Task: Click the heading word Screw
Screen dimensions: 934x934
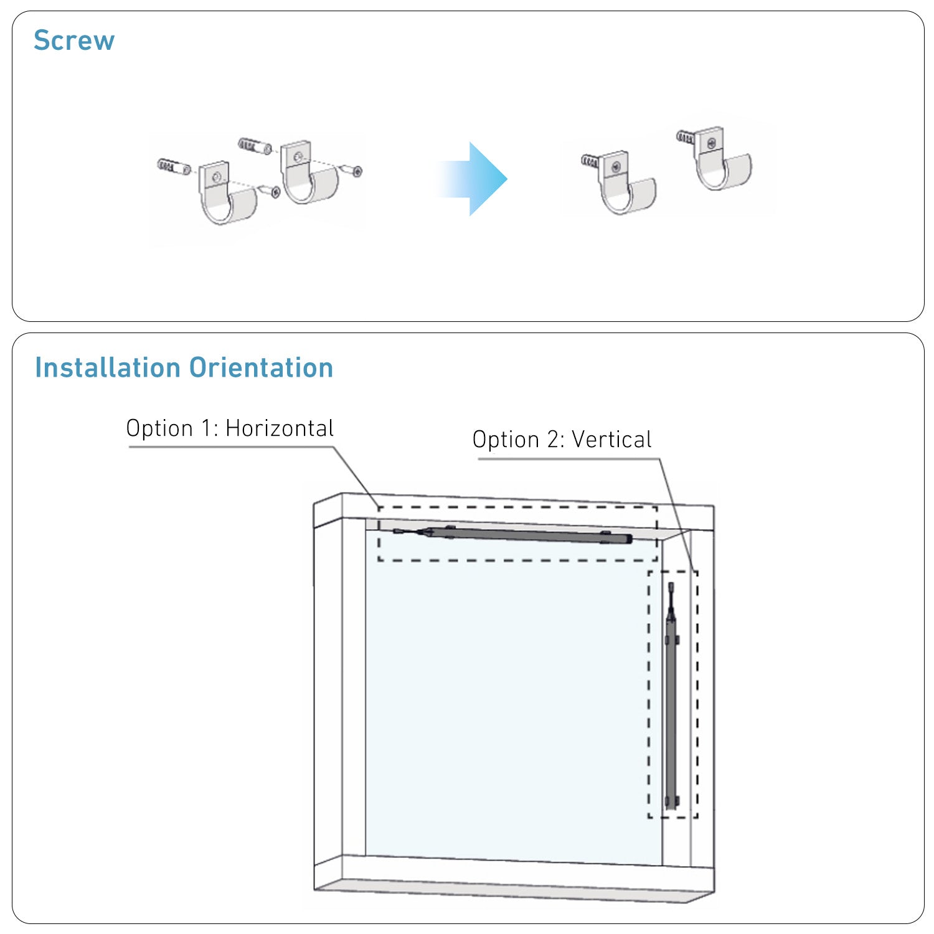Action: pyautogui.click(x=74, y=40)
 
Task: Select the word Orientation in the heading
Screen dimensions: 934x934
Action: pyautogui.click(x=262, y=367)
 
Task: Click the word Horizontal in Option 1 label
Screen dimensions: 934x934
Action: pyautogui.click(x=280, y=428)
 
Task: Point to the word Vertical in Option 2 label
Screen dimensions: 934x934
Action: pyautogui.click(x=611, y=440)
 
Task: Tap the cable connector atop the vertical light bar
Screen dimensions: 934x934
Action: pyautogui.click(x=671, y=588)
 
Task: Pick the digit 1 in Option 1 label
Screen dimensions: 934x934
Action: pyautogui.click(x=207, y=428)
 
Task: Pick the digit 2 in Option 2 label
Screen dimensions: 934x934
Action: pyautogui.click(x=554, y=440)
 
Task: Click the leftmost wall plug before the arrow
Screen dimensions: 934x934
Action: pyautogui.click(x=174, y=166)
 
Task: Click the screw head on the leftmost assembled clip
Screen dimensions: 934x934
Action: pyautogui.click(x=615, y=166)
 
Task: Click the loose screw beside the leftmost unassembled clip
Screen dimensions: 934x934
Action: pyautogui.click(x=270, y=191)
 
